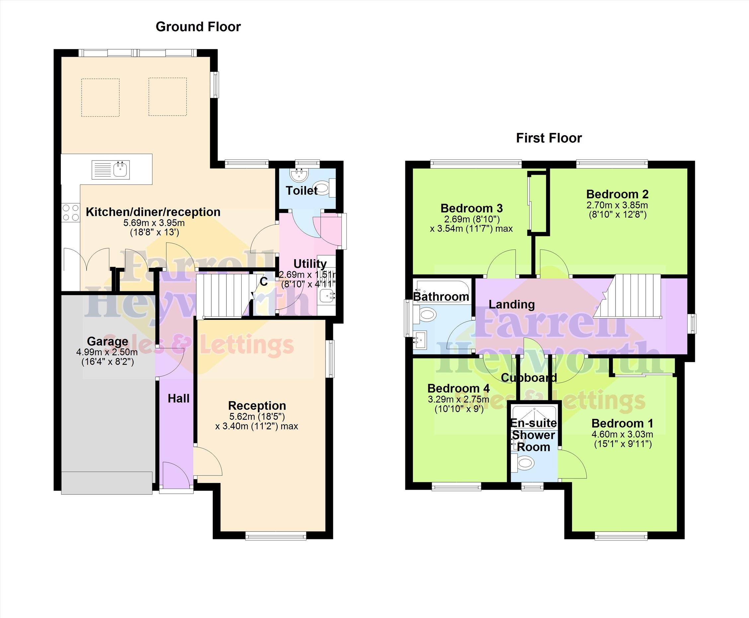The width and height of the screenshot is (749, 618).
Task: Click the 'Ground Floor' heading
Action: coord(198,27)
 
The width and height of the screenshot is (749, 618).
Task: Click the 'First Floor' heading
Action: coord(549,138)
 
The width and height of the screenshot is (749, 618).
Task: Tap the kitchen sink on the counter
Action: coord(111,169)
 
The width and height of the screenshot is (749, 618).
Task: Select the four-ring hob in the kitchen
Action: coord(70,213)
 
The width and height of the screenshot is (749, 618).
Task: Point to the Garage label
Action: coord(108,342)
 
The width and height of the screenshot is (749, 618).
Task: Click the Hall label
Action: coord(179,398)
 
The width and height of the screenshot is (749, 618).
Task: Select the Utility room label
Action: coord(310,264)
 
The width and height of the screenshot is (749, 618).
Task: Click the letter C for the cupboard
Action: coord(264,282)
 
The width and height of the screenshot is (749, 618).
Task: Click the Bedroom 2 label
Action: coord(617,194)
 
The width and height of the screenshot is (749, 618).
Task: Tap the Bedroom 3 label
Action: coord(471,208)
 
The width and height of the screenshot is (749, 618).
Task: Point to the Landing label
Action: coord(511,304)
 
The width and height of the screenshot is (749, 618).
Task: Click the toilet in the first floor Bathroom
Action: coord(425,315)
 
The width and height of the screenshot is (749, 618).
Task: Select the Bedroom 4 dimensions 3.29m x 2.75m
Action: coord(458,399)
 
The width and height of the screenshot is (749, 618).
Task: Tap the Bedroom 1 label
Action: coord(623,424)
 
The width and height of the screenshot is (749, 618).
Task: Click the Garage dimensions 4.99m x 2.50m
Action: coord(107,353)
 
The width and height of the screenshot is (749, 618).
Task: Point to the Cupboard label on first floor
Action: coord(529,377)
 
